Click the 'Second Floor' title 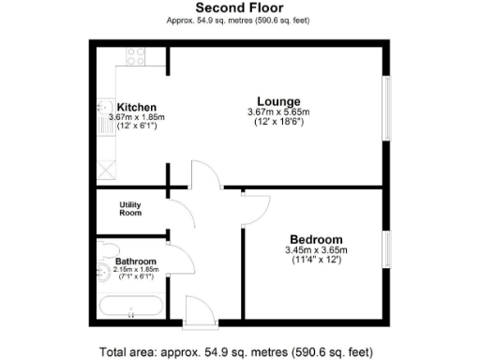(239, 7)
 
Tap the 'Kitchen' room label (136, 107)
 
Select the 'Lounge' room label (279, 101)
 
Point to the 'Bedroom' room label (315, 239)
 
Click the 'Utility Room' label (130, 208)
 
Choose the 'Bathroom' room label (135, 262)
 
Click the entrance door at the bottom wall (197, 311)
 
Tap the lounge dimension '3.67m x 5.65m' (279, 113)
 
